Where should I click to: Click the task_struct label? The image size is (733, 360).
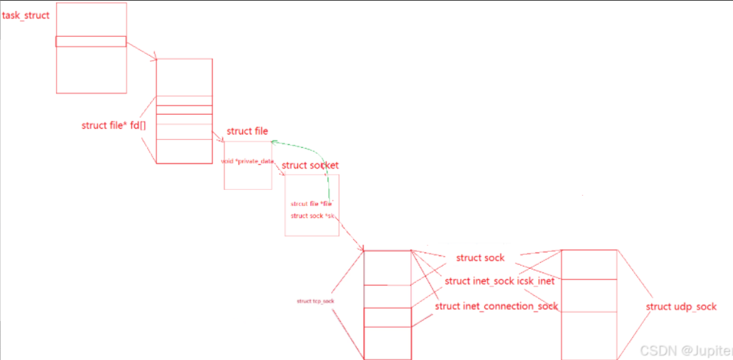pos(26,15)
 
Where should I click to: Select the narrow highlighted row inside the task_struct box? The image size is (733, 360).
pos(91,41)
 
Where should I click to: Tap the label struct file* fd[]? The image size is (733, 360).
pos(113,125)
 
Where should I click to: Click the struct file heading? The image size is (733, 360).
pos(247,131)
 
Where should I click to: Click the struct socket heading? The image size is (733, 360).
pos(310,166)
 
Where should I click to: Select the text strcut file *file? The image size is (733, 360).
pos(312,203)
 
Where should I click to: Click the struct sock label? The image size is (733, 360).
pos(480,258)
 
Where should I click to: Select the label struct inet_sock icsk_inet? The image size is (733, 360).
pos(499,280)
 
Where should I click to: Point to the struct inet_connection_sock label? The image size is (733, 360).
pos(496,306)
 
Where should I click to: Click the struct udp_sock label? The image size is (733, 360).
pos(681,306)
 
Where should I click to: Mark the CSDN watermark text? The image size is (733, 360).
pos(684,349)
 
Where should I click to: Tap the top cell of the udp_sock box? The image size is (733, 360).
pos(588,264)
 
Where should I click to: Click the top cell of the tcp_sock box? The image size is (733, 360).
pos(387,267)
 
